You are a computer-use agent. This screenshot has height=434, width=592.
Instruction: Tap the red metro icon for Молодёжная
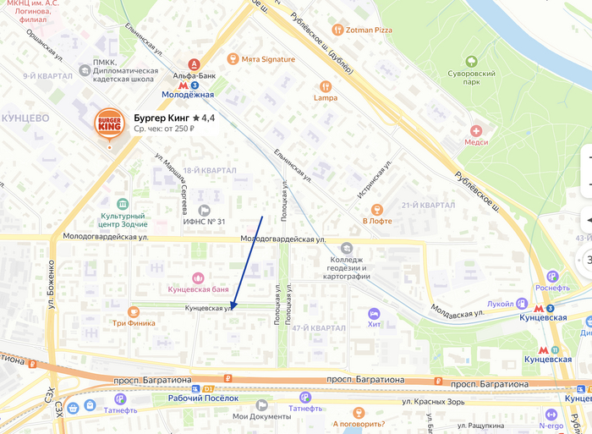pos(184,85)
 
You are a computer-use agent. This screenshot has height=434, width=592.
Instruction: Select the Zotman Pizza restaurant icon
pos(338,30)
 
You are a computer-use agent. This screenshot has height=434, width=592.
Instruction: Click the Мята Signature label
pos(269,59)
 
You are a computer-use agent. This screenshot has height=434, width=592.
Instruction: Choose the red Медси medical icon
pos(477,131)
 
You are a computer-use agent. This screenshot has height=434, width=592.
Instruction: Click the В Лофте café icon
pos(377,209)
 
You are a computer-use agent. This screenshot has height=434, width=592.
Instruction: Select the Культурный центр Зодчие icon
pos(122,205)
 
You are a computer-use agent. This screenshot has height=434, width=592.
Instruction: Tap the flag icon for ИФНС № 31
pos(203,210)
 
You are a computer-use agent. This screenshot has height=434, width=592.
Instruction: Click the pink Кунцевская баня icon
pos(198,277)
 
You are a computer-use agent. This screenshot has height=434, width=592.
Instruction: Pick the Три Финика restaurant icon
pos(134,311)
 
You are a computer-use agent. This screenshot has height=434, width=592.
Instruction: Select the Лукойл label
pos(501,303)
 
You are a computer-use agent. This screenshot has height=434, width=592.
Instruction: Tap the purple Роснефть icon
pos(552,276)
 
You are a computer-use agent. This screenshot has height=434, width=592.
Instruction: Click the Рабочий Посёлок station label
pos(203,398)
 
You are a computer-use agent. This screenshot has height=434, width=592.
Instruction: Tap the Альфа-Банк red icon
pos(195,63)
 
